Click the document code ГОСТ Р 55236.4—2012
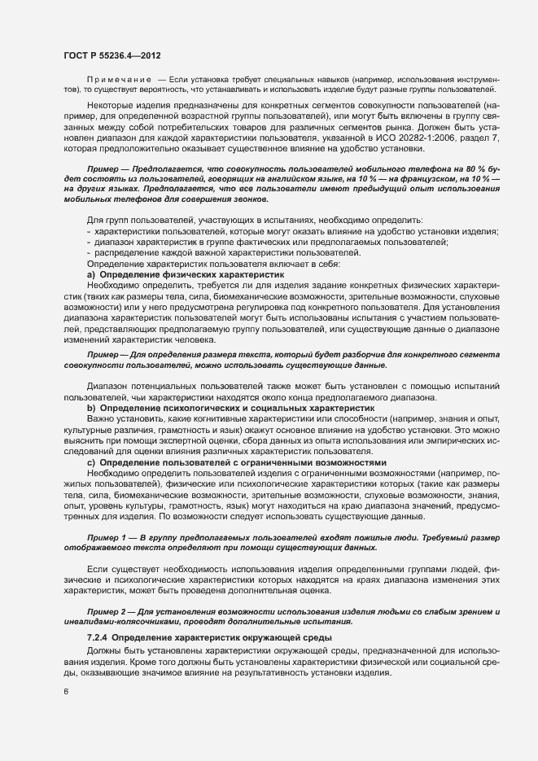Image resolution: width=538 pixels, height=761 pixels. click(x=111, y=55)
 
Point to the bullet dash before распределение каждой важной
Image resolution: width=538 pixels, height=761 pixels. click(x=88, y=253)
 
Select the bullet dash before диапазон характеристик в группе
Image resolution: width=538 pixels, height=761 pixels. click(x=88, y=242)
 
